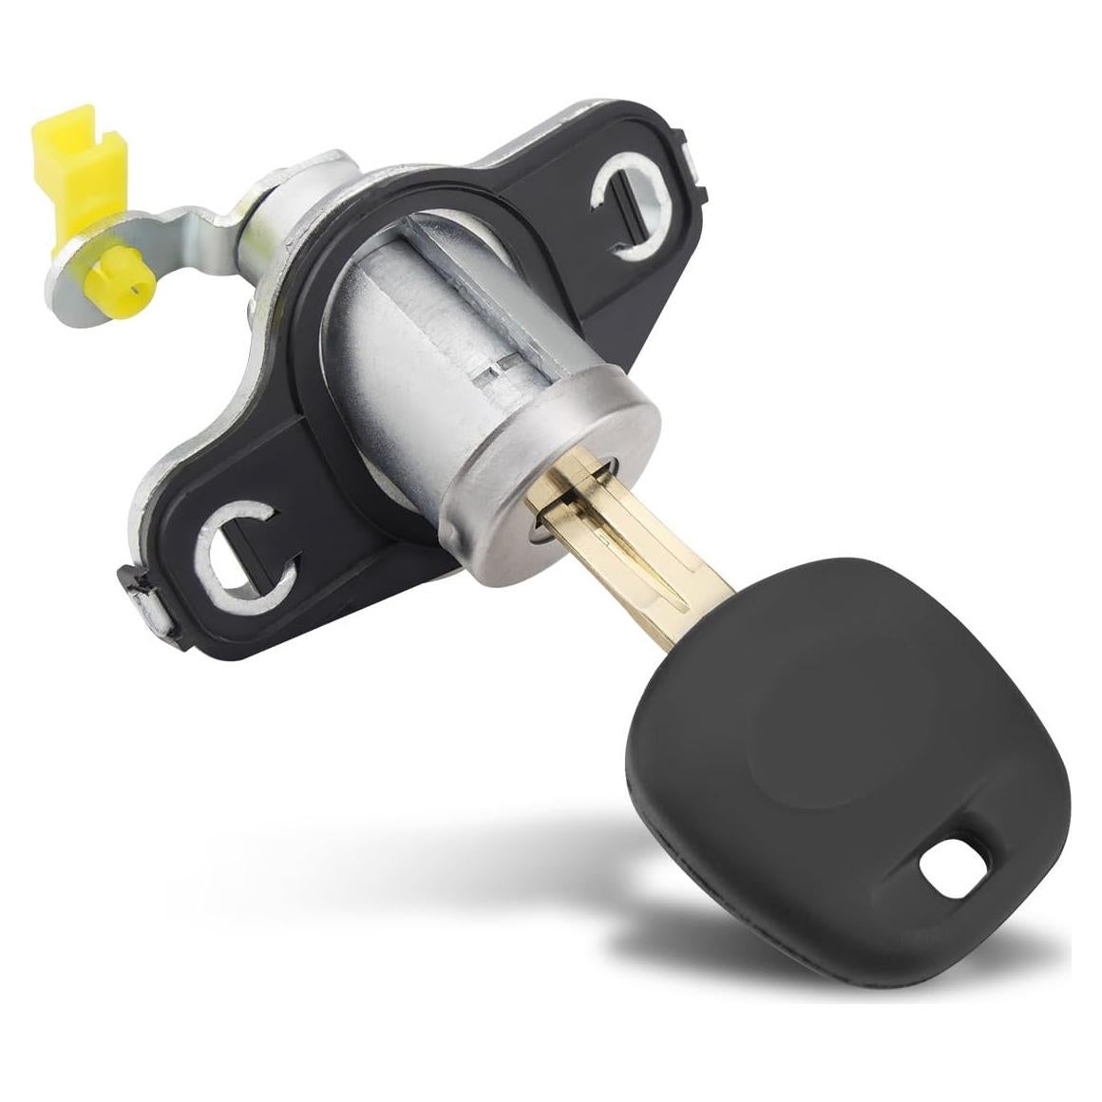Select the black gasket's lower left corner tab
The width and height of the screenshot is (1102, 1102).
click(133, 585)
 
